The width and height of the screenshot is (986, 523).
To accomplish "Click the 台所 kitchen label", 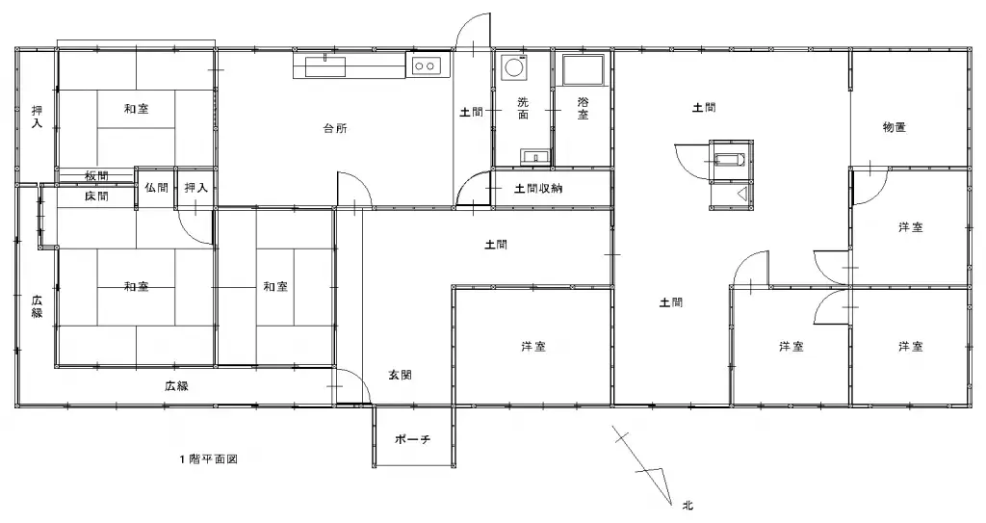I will coord(335,129).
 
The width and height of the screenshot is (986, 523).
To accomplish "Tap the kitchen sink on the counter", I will coord(325,66).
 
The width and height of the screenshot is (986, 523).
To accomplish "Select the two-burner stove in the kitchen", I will coord(426,66).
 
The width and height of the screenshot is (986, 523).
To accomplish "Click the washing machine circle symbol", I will coord(515,68).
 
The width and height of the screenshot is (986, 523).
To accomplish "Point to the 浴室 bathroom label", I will coord(583,108).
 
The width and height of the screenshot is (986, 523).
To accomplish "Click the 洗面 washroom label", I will coord(523,108).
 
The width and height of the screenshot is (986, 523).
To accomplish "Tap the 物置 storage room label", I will coord(895,127).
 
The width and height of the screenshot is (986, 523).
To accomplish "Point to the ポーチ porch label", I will coord(412,439).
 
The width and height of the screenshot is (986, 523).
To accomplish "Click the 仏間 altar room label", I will coord(156,188).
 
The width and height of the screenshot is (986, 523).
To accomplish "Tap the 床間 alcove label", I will coord(95,196).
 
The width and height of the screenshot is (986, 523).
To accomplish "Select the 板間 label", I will coord(95,175).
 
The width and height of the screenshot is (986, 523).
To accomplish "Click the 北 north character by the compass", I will coord(687,505).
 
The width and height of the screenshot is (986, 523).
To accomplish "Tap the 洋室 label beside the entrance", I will coord(535,346).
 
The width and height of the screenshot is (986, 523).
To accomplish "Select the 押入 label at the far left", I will coord(37,117).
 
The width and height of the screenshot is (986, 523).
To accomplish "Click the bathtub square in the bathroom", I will coord(583,69).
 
